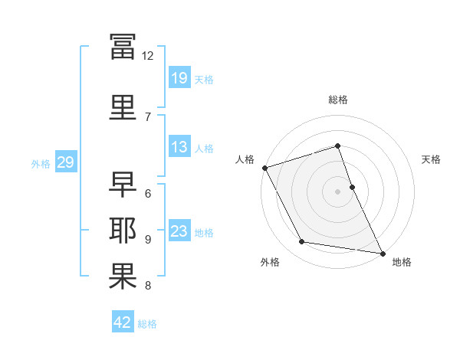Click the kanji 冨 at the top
123,47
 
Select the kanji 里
123,107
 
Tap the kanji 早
123,184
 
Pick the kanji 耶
123,230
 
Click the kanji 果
123,277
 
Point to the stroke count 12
147,56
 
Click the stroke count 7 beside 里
148,117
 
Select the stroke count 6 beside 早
148,194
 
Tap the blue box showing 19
179,77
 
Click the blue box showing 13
179,146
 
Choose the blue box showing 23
179,230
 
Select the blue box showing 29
66,162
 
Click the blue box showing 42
123,321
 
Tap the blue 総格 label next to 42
147,324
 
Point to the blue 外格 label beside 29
41,164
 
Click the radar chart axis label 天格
431,159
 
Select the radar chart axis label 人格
245,159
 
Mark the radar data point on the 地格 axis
383,254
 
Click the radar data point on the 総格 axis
337,146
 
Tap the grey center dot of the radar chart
337,191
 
